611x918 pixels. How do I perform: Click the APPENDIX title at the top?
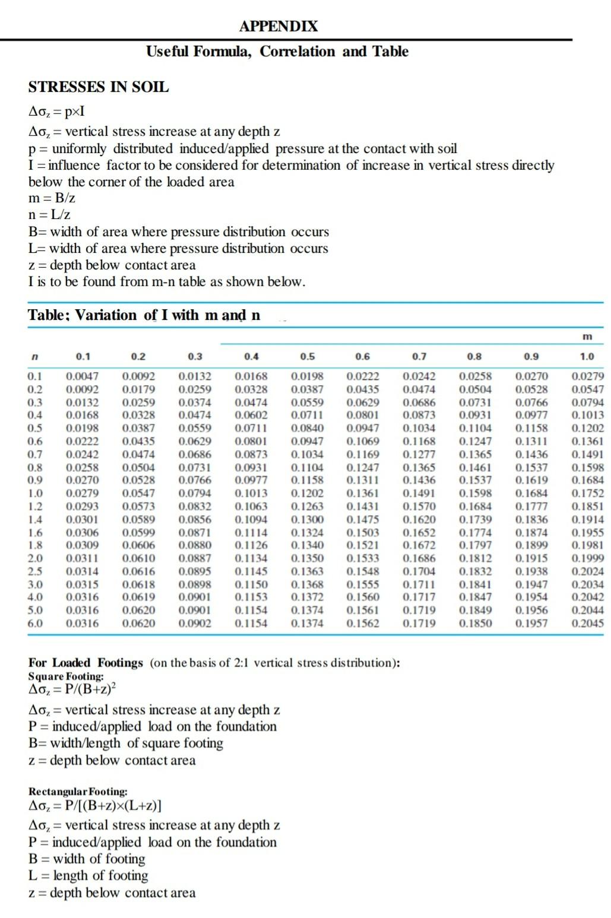click(x=278, y=26)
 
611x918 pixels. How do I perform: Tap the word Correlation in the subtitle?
click(x=297, y=52)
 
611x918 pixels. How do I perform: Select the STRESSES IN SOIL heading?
click(x=99, y=87)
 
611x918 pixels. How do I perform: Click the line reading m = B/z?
click(x=52, y=198)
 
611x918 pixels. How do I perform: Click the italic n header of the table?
click(x=34, y=357)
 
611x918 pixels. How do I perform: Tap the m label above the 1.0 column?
click(x=587, y=336)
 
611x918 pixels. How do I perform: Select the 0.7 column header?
click(x=419, y=357)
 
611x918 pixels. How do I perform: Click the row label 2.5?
click(x=35, y=571)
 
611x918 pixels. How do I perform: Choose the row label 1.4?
click(x=35, y=519)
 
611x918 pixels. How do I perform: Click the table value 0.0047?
click(x=83, y=376)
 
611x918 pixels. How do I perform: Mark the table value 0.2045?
click(x=587, y=624)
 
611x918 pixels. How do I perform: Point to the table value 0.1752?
click(x=587, y=493)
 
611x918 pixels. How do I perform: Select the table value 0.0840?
click(x=308, y=428)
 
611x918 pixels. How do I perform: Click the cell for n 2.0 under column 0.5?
click(x=308, y=558)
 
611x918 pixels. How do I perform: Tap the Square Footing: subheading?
click(x=66, y=676)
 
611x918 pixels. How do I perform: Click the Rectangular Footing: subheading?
click(x=78, y=792)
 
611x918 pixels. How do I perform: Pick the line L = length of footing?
click(x=88, y=875)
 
